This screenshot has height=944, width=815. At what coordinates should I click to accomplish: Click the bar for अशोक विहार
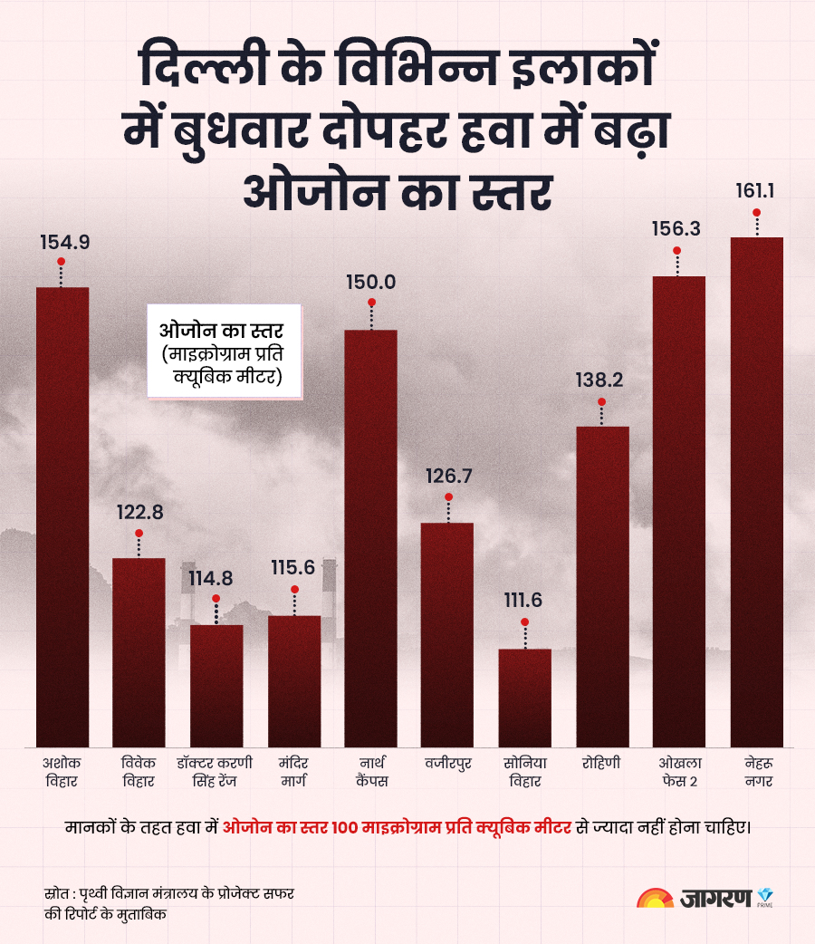coord(62,516)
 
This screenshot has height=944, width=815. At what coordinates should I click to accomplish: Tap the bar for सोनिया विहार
coord(524,698)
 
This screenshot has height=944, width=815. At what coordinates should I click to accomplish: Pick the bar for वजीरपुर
coord(447,634)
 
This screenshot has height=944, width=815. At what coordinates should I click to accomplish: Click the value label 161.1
coord(756,191)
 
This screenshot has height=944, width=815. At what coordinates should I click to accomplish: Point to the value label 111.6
coord(524,601)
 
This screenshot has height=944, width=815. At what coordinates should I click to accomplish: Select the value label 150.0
coord(370,282)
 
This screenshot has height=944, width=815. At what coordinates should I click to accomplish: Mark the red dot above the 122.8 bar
coord(139,533)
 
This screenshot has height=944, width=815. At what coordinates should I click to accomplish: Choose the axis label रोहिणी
coord(601,763)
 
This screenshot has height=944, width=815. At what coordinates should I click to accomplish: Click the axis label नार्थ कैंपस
coord(370,771)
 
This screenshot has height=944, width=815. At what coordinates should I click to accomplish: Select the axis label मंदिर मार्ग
coord(294,771)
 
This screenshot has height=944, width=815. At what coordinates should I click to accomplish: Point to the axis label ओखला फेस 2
coord(678,771)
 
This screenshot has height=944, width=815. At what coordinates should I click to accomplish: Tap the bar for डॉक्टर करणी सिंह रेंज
coord(216,686)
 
